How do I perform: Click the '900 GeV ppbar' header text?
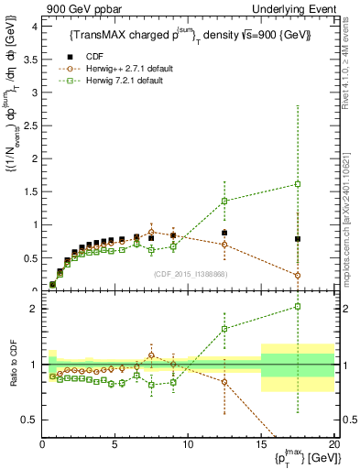77,8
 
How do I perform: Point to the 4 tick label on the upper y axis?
34,27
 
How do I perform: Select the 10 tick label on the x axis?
187,444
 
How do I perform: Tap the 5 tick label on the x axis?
115,444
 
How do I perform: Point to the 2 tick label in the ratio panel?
34,309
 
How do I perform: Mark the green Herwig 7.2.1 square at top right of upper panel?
298,184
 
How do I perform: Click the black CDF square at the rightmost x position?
298,239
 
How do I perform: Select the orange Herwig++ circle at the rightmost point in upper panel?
298,275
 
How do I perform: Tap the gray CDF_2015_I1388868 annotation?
189,273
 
